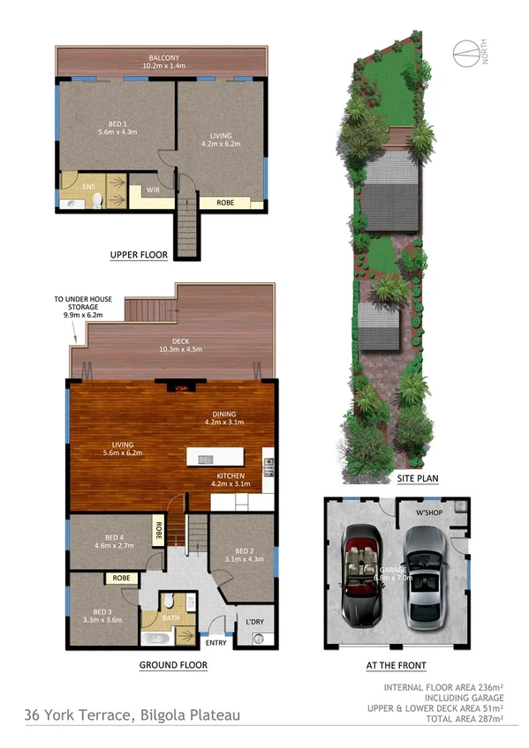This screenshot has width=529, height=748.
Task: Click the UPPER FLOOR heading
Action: [139, 255]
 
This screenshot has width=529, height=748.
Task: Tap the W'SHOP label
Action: [430, 512]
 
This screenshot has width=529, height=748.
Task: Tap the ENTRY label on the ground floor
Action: [215, 642]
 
